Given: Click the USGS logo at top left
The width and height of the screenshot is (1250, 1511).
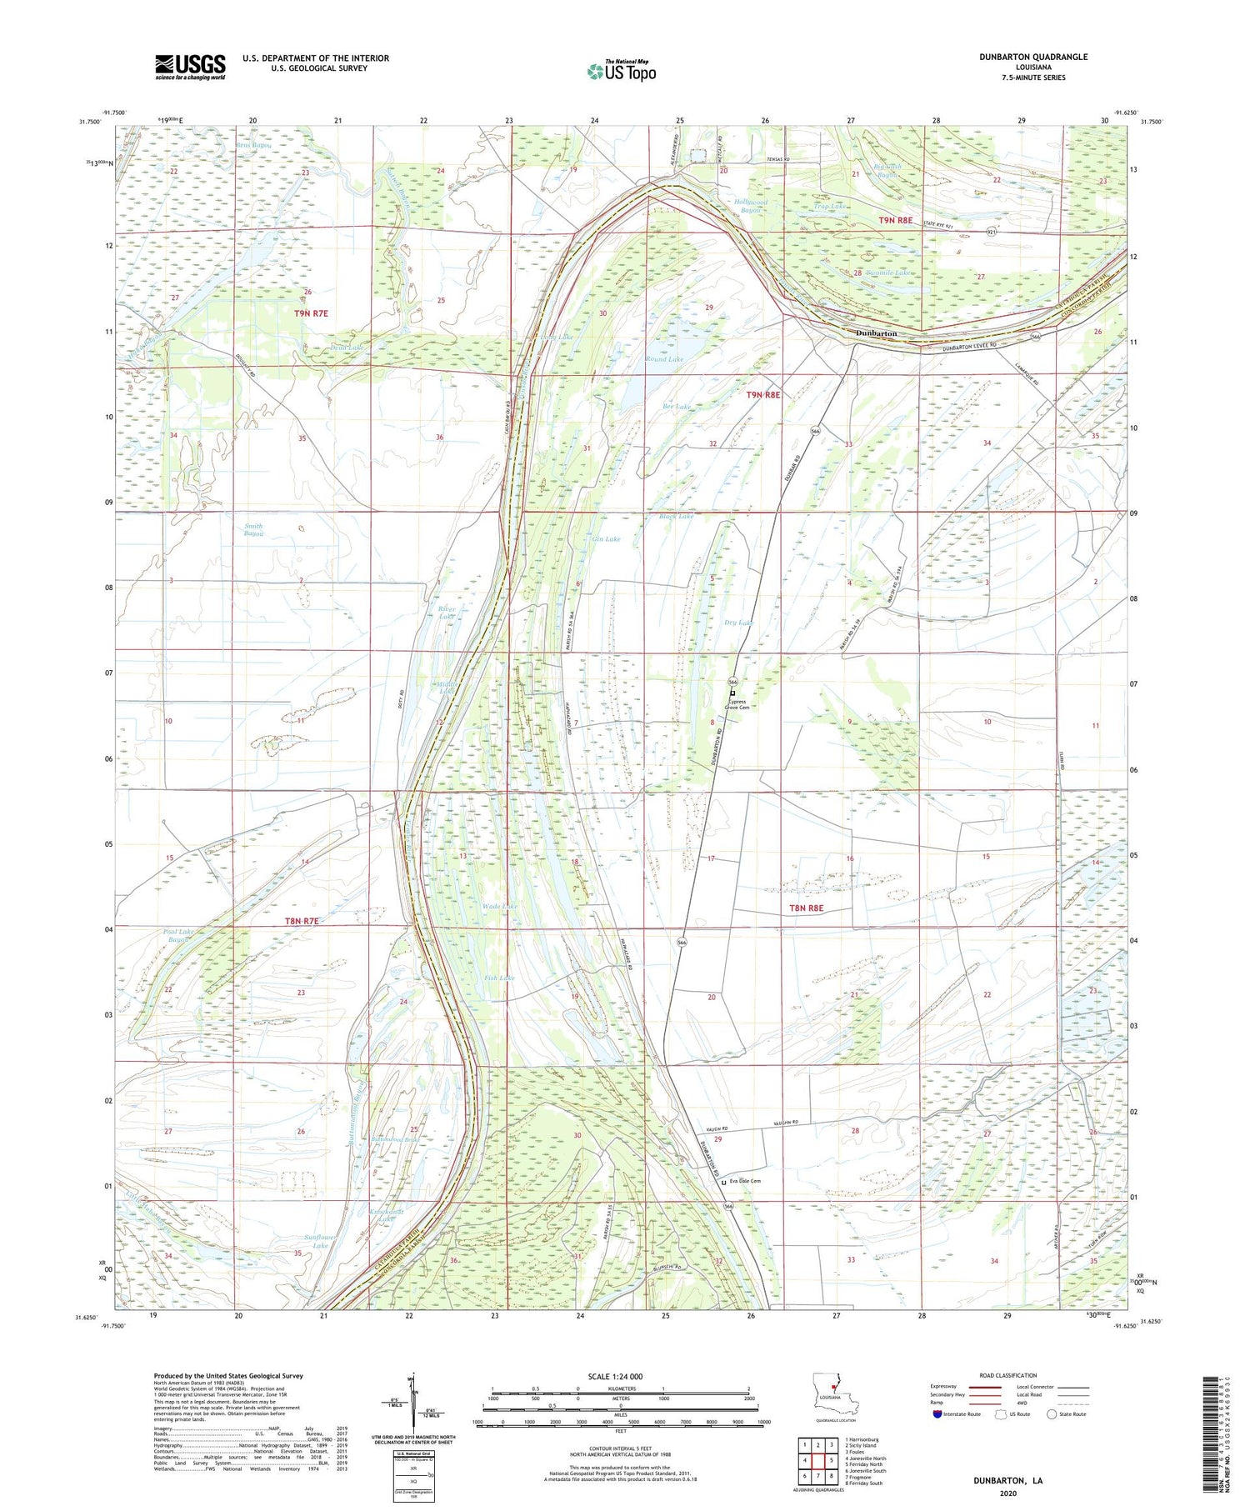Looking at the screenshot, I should tap(190, 67).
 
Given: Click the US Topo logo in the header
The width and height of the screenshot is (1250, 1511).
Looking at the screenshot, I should tap(622, 71).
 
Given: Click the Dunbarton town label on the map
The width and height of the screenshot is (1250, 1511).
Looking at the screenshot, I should tap(877, 333).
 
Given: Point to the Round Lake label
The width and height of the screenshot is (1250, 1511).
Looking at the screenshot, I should tap(664, 359).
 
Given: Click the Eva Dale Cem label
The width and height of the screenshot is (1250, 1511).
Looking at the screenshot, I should tap(744, 1181).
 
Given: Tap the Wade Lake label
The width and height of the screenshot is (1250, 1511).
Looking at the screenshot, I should tap(500, 906).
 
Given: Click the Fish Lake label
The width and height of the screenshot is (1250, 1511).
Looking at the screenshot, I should tap(500, 978).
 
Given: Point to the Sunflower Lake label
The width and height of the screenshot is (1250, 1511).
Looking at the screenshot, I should tap(320, 1241).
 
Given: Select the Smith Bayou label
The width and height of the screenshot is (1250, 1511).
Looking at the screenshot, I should tap(253, 530).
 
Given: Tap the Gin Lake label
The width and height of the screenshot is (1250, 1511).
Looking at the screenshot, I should tap(606, 539).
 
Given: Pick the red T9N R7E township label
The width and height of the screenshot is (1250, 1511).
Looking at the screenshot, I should tap(311, 313).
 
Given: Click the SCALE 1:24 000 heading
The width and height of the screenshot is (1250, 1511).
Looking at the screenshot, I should tap(615, 1376).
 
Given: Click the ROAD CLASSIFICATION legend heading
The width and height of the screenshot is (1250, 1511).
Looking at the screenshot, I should tap(1008, 1375).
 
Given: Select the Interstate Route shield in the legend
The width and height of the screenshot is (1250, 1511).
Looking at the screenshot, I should tap(937, 1414).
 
